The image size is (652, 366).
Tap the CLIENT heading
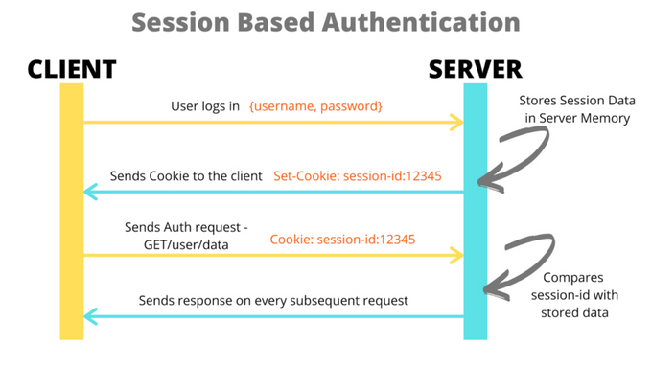click(x=72, y=69)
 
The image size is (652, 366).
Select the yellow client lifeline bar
click(x=71, y=211)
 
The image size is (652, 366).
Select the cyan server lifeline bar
click(x=476, y=211)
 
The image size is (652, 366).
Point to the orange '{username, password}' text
click(x=315, y=105)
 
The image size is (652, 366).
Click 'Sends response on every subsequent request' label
click(x=273, y=300)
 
